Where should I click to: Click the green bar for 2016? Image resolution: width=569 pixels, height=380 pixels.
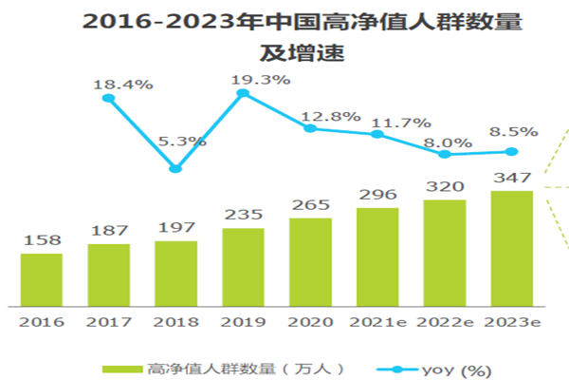pyautogui.click(x=41, y=280)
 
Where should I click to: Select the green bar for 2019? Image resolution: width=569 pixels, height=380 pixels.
pyautogui.click(x=243, y=268)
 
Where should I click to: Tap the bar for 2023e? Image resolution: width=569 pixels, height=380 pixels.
pyautogui.click(x=511, y=249)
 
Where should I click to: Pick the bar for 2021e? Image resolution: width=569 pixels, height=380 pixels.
pyautogui.click(x=377, y=257)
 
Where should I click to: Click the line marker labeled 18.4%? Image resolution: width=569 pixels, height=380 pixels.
pyautogui.click(x=108, y=98)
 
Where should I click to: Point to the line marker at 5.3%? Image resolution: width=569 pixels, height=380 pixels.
pyautogui.click(x=175, y=169)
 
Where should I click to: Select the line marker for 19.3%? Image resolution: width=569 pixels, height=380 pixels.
pyautogui.click(x=243, y=93)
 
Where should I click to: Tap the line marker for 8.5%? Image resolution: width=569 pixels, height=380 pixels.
pyautogui.click(x=512, y=151)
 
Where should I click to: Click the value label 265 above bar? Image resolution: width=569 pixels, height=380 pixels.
pyautogui.click(x=310, y=206)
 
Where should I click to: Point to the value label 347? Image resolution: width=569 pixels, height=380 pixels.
pyautogui.click(x=512, y=178)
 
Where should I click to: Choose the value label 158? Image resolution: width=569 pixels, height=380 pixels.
pyautogui.click(x=41, y=241)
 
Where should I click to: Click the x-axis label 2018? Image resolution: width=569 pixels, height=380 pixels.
pyautogui.click(x=175, y=322)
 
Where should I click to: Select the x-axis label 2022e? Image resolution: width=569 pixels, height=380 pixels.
pyautogui.click(x=444, y=322)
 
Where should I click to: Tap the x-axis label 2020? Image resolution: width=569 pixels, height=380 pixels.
pyautogui.click(x=310, y=322)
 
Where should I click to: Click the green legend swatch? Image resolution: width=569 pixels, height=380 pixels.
pyautogui.click(x=121, y=368)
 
